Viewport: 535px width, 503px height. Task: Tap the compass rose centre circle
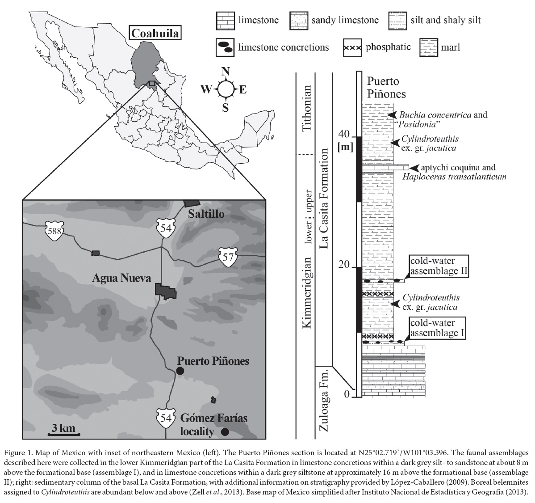(x=225, y=89)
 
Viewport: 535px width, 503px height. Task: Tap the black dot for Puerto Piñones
(x=180, y=371)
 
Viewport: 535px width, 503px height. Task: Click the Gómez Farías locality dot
(x=225, y=431)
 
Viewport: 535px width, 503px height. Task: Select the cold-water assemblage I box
(x=438, y=328)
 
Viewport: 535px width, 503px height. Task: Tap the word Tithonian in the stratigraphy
(x=306, y=107)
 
